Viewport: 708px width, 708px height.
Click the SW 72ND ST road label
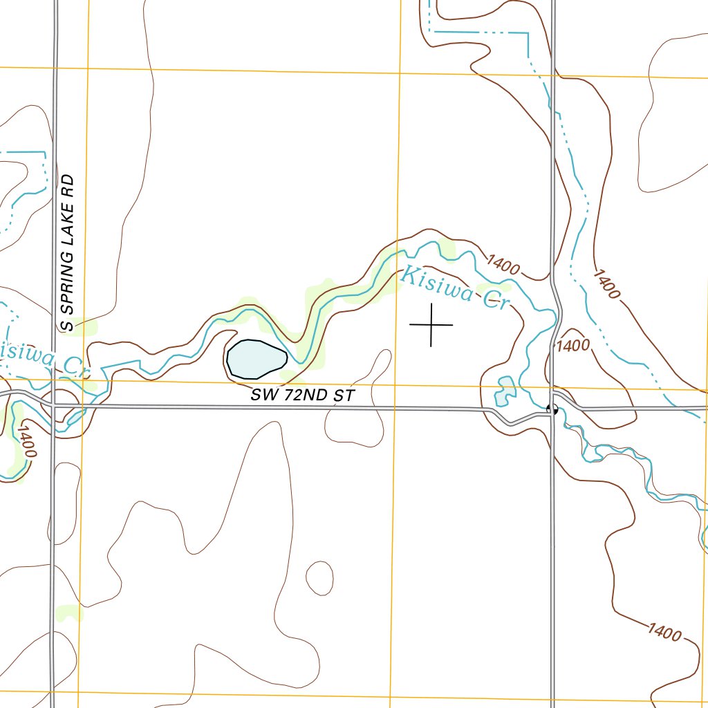[x=303, y=395]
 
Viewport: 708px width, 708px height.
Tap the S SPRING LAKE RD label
[x=67, y=252]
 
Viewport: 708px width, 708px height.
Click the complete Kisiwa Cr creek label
[x=453, y=287]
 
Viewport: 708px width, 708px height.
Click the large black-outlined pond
[x=257, y=359]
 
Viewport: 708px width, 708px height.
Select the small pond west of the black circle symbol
[x=505, y=391]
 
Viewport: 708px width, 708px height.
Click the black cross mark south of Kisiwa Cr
[x=431, y=324]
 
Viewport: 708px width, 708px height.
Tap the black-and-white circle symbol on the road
[x=552, y=409]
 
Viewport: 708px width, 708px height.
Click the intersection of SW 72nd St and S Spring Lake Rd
[x=55, y=405]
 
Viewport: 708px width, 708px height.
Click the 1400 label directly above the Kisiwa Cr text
[x=503, y=265]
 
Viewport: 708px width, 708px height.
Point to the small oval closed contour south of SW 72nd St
[x=319, y=577]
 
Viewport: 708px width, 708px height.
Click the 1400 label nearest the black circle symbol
[x=573, y=344]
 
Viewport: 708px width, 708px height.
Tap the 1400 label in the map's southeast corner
[x=665, y=631]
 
